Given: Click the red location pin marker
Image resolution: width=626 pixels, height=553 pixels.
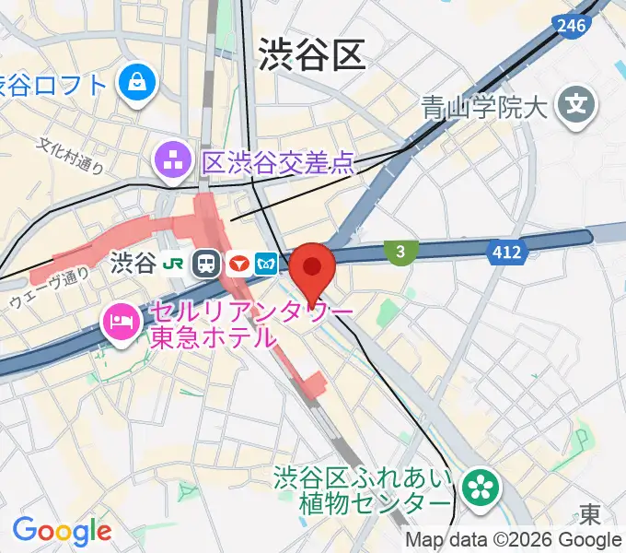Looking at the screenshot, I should [x=313, y=269].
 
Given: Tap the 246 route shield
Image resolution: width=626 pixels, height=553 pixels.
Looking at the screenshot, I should [x=572, y=27].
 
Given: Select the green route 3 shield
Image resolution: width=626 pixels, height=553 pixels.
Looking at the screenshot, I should [x=400, y=252].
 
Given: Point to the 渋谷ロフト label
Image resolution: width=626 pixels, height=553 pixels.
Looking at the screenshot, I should [x=53, y=85].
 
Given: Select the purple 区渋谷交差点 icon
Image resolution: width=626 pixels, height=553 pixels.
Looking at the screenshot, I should [x=171, y=162].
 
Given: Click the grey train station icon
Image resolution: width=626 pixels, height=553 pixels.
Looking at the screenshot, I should [x=206, y=265].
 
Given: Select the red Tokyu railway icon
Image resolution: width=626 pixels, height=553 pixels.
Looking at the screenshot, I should [x=238, y=265].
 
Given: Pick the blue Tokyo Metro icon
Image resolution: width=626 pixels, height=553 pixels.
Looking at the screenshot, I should [x=268, y=265].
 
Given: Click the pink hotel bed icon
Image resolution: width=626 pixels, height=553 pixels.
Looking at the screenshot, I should [x=121, y=323].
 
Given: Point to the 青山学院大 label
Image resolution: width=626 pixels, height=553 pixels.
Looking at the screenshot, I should [x=484, y=108].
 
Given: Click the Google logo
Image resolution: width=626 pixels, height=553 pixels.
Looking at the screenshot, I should [x=62, y=531].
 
